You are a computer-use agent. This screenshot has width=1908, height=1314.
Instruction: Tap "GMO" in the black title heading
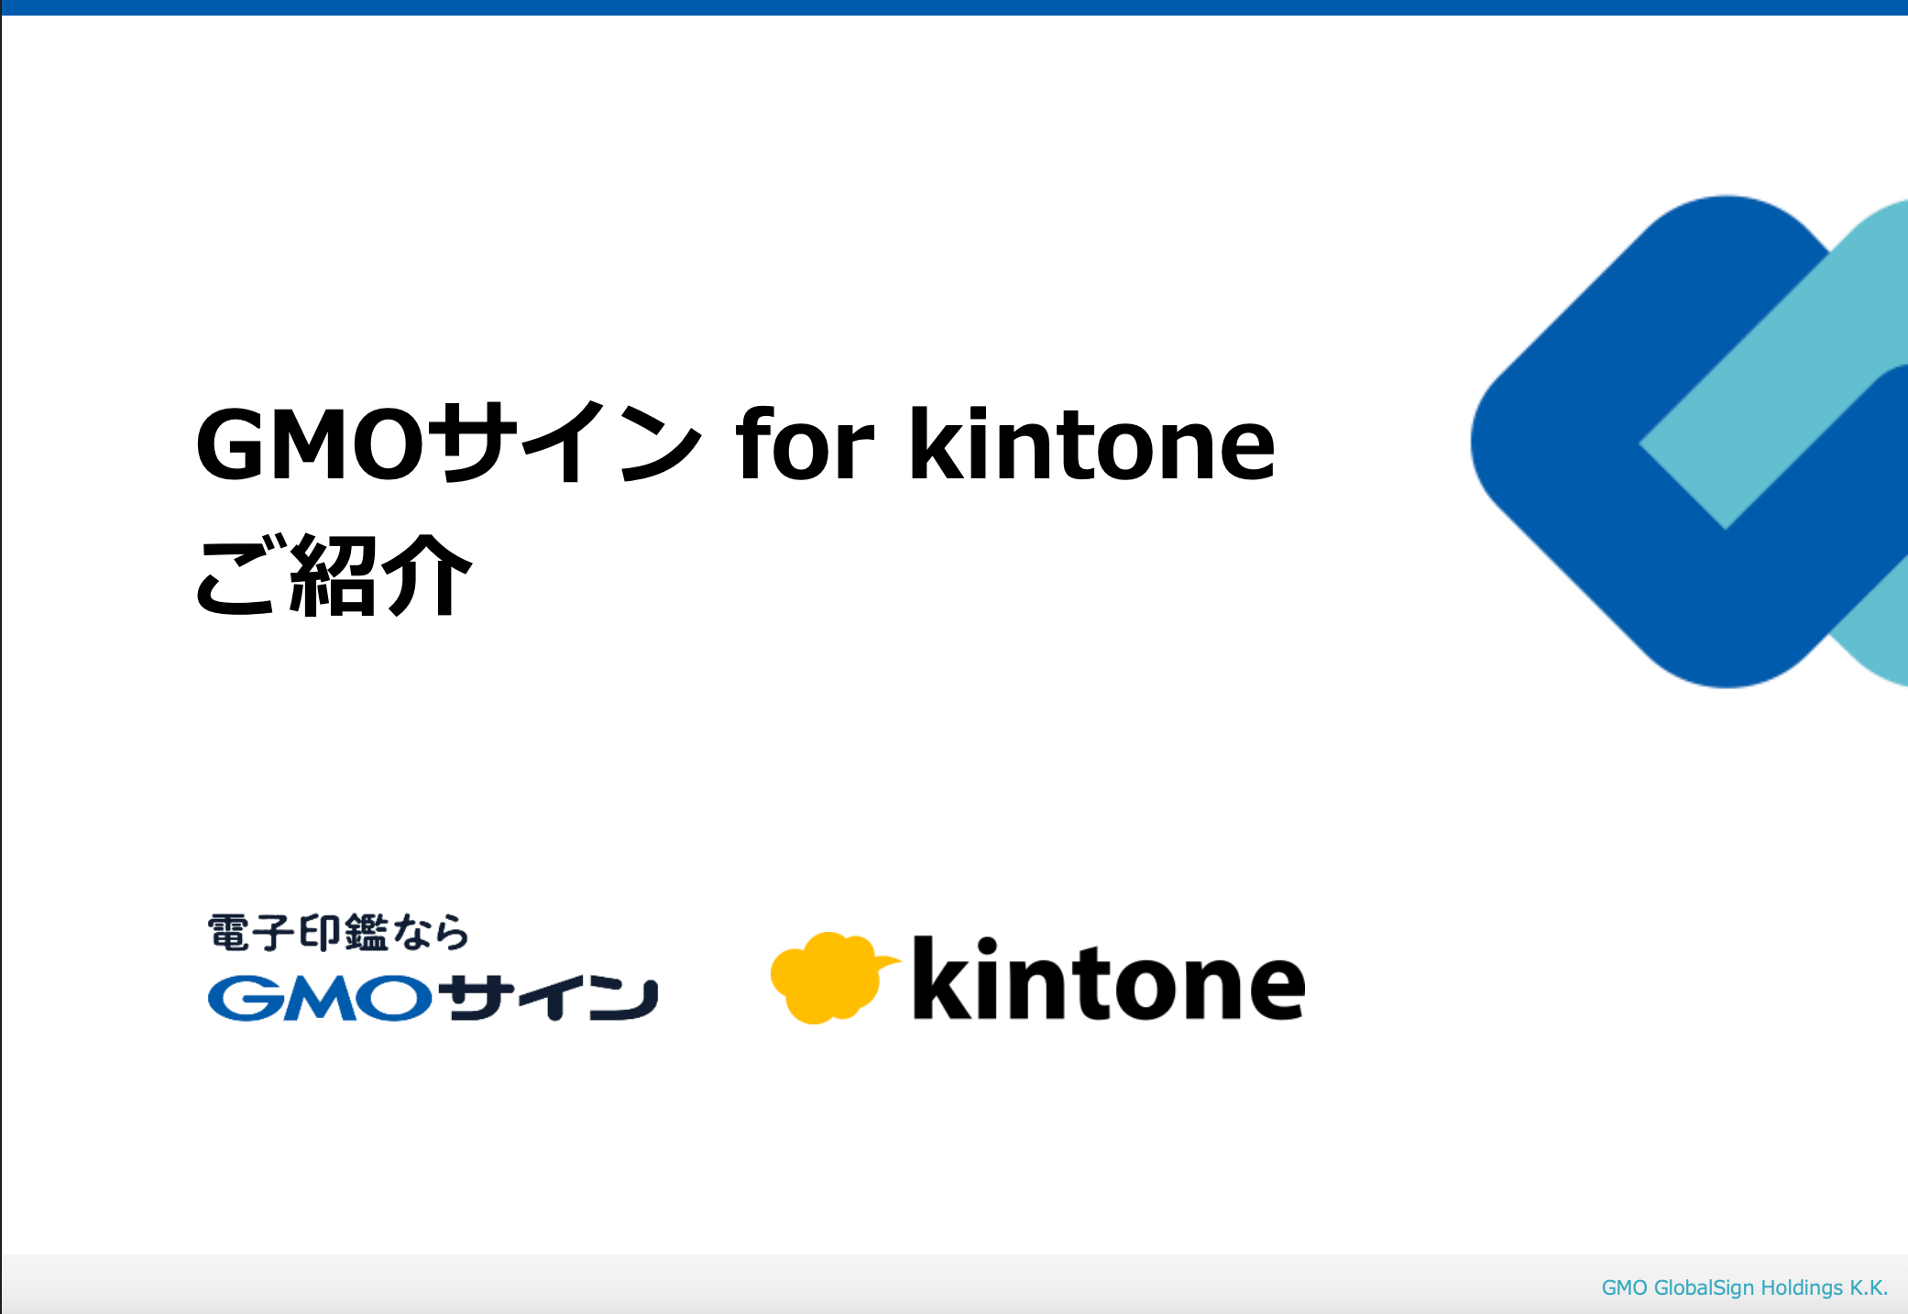(310, 444)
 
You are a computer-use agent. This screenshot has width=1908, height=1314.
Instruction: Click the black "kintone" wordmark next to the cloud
(1109, 978)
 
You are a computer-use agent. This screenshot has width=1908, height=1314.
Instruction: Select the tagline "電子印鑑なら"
(338, 933)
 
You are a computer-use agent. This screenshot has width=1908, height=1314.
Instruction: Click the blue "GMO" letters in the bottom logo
(320, 998)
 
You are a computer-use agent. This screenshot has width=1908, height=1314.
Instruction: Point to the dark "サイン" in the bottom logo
(548, 997)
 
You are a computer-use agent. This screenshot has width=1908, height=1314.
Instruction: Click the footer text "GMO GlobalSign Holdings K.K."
(1744, 1288)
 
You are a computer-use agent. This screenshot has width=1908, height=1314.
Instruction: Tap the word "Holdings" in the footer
(1802, 1288)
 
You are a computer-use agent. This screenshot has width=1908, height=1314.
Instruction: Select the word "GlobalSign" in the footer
(1704, 1288)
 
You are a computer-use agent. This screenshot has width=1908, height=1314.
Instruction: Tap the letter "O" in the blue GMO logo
(395, 998)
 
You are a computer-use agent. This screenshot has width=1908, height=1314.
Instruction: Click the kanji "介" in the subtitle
(428, 575)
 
